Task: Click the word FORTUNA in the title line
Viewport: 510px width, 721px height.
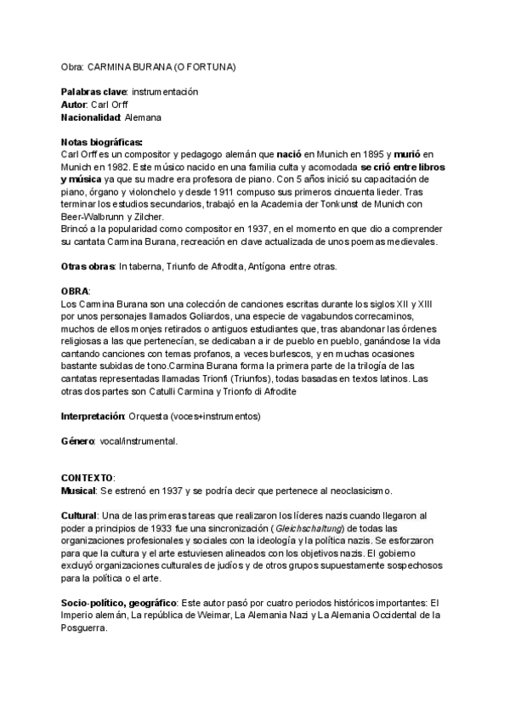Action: pyautogui.click(x=212, y=65)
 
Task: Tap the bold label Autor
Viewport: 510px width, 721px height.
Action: pyautogui.click(x=74, y=104)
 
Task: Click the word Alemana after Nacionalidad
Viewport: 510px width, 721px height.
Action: pyautogui.click(x=143, y=116)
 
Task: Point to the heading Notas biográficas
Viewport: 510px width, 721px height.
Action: pyautogui.click(x=102, y=141)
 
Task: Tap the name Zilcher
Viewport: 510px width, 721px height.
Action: pyautogui.click(x=167, y=216)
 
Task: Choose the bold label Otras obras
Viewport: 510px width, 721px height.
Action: pyautogui.click(x=88, y=266)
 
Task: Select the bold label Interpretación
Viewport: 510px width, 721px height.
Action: pyautogui.click(x=93, y=417)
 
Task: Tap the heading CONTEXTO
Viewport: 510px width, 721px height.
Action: pyautogui.click(x=88, y=479)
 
